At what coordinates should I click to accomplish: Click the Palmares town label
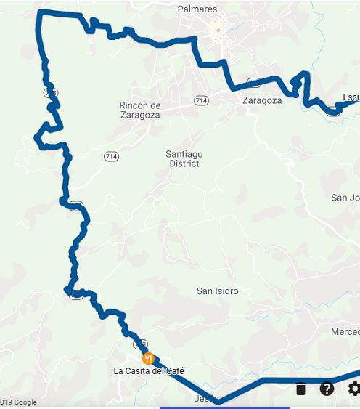point(197,9)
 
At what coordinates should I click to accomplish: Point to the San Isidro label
point(217,291)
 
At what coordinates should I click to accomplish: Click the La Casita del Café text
point(154,371)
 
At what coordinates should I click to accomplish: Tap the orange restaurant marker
point(149,358)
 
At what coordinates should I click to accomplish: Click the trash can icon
point(300,389)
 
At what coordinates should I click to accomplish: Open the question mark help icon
point(327,389)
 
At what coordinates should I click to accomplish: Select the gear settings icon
point(353,389)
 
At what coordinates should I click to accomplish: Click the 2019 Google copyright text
point(18,402)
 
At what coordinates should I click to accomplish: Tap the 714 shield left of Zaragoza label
point(200,99)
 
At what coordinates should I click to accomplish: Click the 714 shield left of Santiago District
point(111,156)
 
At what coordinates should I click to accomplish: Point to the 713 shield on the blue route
point(50,92)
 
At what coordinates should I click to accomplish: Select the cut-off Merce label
point(345,331)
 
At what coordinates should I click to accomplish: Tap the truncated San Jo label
point(345,198)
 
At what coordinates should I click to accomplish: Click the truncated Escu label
point(351,97)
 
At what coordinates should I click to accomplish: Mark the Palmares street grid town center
point(216,31)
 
